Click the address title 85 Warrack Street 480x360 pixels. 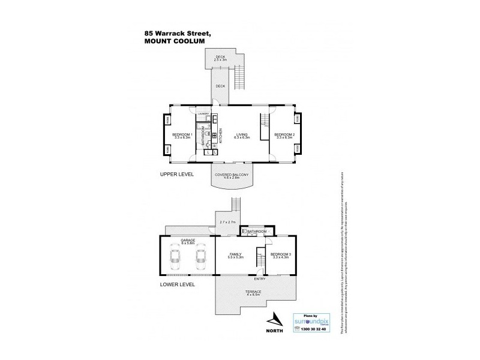click(176, 34)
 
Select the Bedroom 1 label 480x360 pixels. click(182, 136)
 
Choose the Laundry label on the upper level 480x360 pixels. click(203, 113)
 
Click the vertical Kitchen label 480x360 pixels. click(220, 135)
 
